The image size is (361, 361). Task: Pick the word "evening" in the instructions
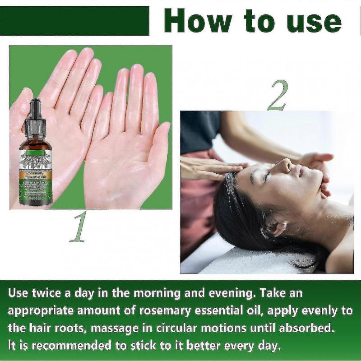pyautogui.click(x=219, y=293)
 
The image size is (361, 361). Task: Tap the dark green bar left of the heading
pyautogui.click(x=74, y=21)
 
